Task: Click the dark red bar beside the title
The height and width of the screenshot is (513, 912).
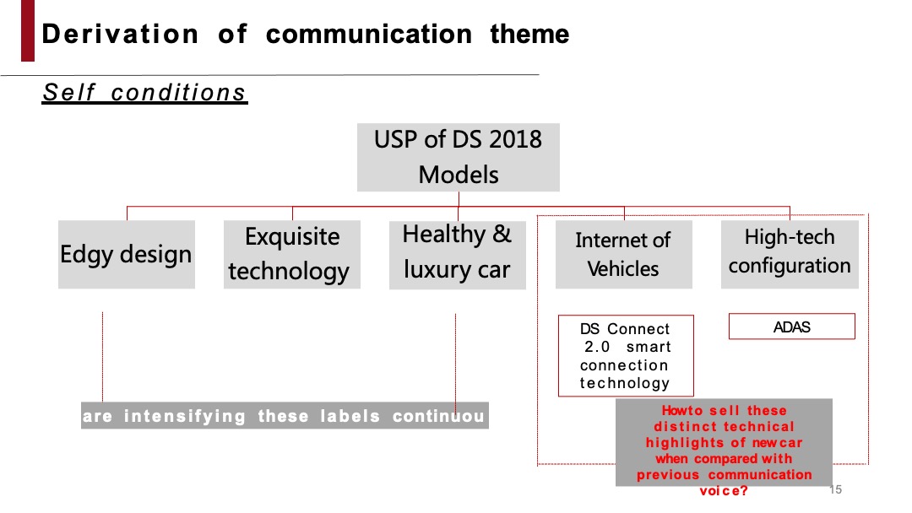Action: click(28, 31)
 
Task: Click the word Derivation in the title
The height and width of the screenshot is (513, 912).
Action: click(120, 35)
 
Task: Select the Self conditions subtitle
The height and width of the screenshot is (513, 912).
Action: click(144, 92)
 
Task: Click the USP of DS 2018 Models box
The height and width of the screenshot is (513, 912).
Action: click(458, 157)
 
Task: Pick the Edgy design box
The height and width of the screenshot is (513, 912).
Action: click(126, 254)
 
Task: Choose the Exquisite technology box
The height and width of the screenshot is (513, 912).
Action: click(291, 254)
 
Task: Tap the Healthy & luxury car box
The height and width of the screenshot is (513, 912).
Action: click(457, 254)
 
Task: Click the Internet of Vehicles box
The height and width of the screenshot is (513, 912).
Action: click(623, 254)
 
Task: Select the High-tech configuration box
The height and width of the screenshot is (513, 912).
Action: click(790, 253)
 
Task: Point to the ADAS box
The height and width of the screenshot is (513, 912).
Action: click(791, 327)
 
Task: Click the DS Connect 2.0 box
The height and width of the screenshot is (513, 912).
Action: click(625, 355)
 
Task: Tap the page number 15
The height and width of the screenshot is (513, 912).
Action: click(836, 490)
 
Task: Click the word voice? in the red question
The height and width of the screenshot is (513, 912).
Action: click(724, 491)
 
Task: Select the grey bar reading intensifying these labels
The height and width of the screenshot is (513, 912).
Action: click(285, 416)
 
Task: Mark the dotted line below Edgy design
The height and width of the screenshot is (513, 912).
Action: click(103, 354)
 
